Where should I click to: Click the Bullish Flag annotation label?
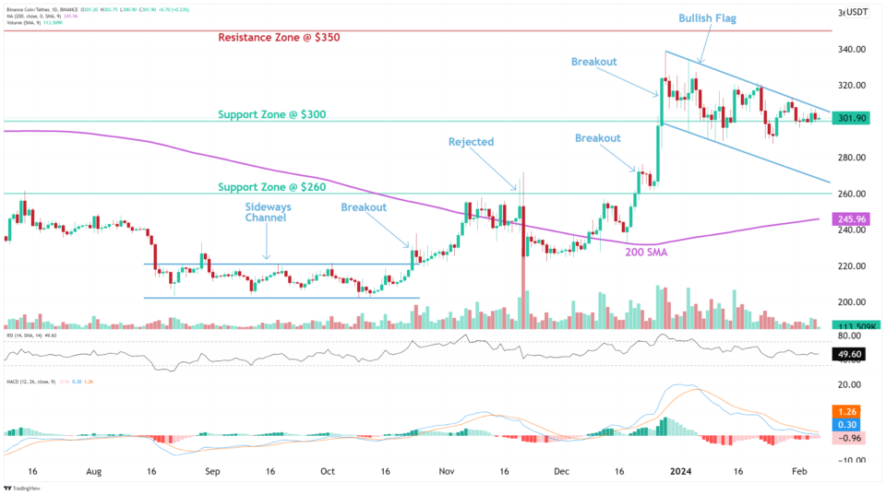[x=708, y=18]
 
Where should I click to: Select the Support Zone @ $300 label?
[x=272, y=114]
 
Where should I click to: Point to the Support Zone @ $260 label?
[x=272, y=187]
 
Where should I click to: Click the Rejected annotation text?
[x=471, y=142]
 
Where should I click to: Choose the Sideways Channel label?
[x=266, y=211]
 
